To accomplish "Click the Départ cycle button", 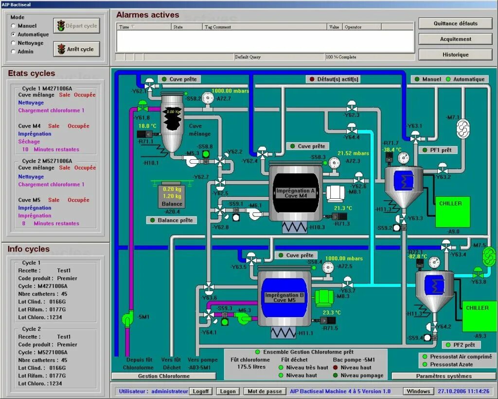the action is click(76, 26).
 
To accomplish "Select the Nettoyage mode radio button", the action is click(14, 43).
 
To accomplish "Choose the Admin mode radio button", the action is click(14, 52).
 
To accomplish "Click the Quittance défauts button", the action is click(455, 23).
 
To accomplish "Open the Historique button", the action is click(455, 55).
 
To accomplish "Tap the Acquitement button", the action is click(455, 39).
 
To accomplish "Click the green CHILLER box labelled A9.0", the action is click(452, 211).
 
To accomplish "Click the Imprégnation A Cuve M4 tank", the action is click(296, 193).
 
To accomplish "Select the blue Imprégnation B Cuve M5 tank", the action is click(285, 298).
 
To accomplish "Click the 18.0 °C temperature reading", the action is click(147, 126).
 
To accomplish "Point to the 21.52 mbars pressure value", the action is click(353, 153).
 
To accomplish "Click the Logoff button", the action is click(200, 391).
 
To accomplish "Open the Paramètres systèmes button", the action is click(444, 376).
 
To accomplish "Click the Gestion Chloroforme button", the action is click(163, 376).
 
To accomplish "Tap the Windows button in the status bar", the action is click(418, 391).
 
